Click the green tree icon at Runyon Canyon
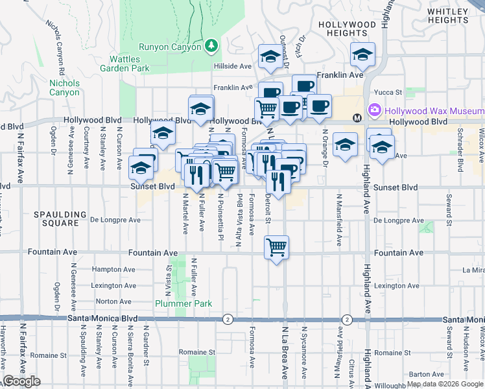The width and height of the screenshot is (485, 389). pyautogui.click(x=210, y=45)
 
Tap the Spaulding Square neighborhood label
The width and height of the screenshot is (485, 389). pyautogui.click(x=61, y=218)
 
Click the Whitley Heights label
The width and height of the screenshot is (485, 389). pyautogui.click(x=453, y=16)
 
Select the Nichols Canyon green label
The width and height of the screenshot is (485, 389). pyautogui.click(x=65, y=88)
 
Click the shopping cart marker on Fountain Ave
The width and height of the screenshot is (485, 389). pyautogui.click(x=277, y=247)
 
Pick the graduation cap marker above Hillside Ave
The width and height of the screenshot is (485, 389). pyautogui.click(x=269, y=57)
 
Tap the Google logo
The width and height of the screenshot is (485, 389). pyautogui.click(x=21, y=381)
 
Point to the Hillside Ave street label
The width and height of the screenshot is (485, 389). pyautogui.click(x=233, y=66)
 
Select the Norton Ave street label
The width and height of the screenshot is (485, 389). pyautogui.click(x=113, y=301)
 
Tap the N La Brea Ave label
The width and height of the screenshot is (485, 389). pyautogui.click(x=285, y=353)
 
